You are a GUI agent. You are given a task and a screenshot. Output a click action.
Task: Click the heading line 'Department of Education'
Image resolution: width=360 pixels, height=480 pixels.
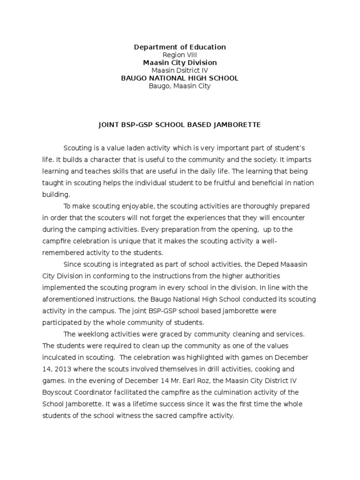(180, 47)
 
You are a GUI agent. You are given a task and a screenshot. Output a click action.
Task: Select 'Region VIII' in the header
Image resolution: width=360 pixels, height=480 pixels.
(180, 55)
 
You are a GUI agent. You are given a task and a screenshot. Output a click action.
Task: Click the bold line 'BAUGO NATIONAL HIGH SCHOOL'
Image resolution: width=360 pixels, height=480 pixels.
(180, 78)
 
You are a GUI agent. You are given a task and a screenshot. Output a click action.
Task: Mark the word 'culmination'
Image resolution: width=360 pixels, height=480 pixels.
(242, 392)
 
